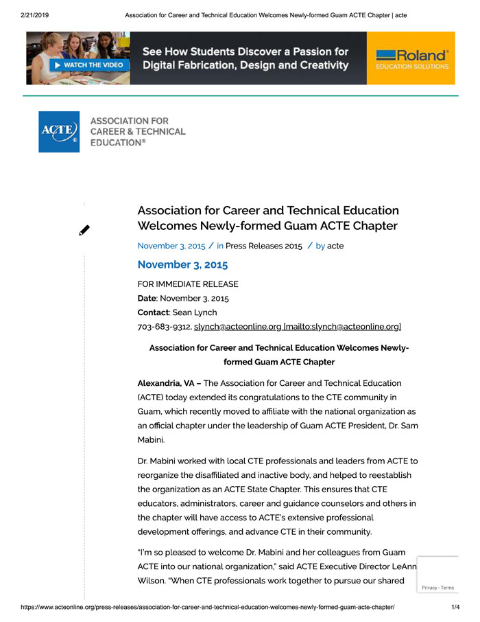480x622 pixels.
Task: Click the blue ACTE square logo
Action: (x=59, y=132)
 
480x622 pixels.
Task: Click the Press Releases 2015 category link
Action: (x=263, y=246)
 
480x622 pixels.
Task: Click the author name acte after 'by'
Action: (x=335, y=246)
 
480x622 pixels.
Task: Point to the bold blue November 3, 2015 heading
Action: (x=182, y=264)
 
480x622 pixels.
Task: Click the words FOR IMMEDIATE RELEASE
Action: (x=188, y=284)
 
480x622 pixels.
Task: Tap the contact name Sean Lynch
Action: (x=195, y=312)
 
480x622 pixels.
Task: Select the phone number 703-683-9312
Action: (x=164, y=327)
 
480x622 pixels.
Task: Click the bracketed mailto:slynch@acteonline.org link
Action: (x=342, y=327)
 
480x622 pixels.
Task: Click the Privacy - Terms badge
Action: (x=437, y=588)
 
